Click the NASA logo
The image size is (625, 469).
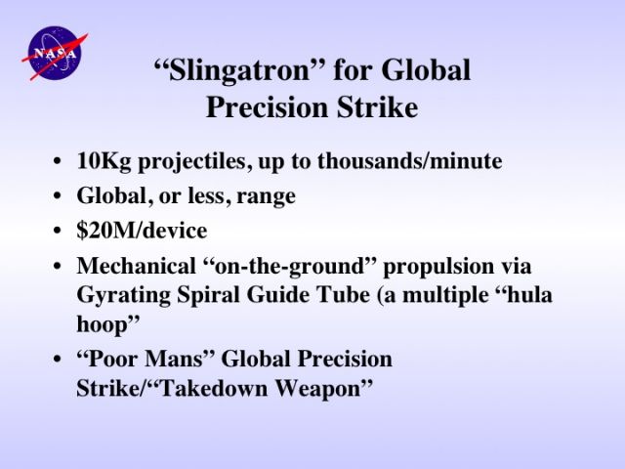coord(55,54)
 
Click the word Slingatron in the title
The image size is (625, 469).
coord(239,70)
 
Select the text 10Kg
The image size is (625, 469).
coord(104,161)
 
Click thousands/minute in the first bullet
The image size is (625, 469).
coord(410,161)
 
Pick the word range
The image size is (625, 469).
coord(266,197)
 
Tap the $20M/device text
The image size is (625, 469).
coord(142,231)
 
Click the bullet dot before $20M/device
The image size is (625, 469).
coord(58,231)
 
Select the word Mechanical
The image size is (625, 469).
coord(136,266)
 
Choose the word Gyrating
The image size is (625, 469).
coord(123,296)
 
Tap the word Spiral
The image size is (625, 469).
coord(208,296)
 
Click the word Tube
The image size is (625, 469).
coord(343,295)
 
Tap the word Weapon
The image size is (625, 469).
coord(323,389)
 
